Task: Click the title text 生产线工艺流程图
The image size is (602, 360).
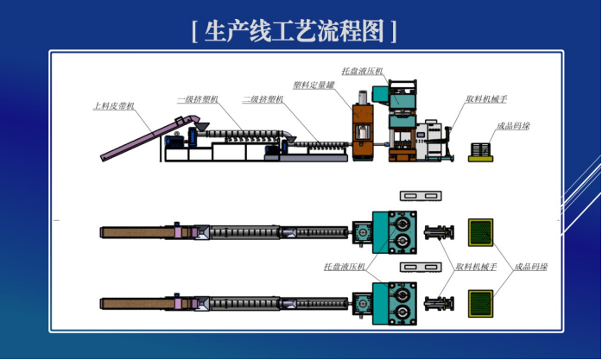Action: [x=294, y=31]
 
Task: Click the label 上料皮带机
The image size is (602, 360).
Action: [x=114, y=105]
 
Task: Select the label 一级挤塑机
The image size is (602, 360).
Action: [x=198, y=99]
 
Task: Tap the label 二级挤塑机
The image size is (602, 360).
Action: [x=263, y=99]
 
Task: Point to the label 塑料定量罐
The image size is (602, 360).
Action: [x=314, y=85]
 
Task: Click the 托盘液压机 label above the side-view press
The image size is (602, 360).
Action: [x=363, y=71]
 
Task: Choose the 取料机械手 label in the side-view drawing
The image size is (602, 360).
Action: [x=486, y=99]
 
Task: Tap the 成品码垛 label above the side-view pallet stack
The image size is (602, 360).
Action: [x=513, y=125]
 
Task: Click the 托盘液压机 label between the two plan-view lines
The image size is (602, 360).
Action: [x=345, y=267]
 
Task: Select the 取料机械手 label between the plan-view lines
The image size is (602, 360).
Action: [x=476, y=267]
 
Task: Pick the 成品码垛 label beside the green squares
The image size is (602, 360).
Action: [x=531, y=267]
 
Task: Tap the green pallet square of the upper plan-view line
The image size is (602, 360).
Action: [x=481, y=232]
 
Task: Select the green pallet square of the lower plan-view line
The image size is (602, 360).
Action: [x=481, y=304]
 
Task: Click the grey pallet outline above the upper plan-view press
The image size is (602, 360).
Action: [x=421, y=196]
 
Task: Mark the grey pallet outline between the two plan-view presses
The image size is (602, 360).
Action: [x=421, y=267]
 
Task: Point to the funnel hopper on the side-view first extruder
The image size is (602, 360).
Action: [x=200, y=126]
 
